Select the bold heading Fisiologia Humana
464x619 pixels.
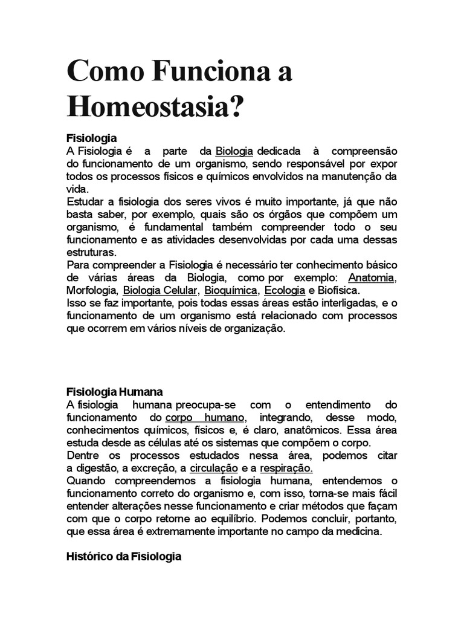point(114,392)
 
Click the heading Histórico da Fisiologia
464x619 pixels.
point(124,556)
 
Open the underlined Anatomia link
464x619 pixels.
point(372,277)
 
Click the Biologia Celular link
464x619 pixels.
point(160,290)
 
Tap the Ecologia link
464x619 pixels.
point(285,290)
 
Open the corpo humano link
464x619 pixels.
point(205,418)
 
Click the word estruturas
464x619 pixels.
point(91,251)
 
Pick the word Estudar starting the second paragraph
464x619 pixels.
point(85,201)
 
